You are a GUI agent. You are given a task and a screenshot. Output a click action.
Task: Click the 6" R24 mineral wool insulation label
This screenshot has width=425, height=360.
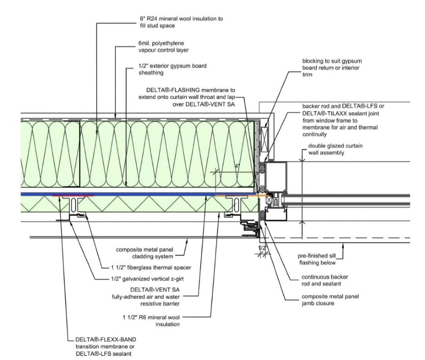[x=181, y=22]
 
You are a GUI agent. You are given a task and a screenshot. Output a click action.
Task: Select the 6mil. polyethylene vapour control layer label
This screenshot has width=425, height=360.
[x=164, y=47]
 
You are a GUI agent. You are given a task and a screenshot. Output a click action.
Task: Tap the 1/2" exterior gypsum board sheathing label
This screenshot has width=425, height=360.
[x=172, y=69]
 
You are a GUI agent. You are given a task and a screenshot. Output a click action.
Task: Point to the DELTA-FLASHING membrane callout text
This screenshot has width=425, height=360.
[x=187, y=97]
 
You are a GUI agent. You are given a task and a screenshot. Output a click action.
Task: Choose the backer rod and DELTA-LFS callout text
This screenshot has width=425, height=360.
[x=343, y=120]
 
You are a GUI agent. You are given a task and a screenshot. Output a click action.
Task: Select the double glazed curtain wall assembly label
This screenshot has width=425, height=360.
[x=335, y=149]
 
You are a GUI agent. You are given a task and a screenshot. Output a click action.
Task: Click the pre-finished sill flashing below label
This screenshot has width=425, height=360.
[x=317, y=259]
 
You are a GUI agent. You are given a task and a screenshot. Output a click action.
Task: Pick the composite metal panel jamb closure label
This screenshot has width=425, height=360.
[x=330, y=300]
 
